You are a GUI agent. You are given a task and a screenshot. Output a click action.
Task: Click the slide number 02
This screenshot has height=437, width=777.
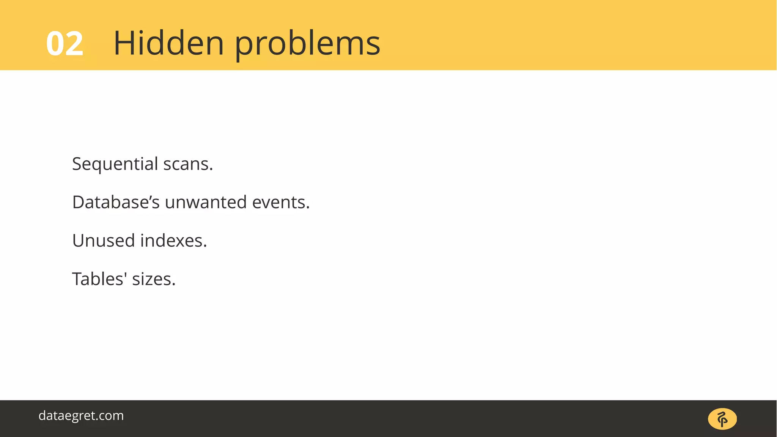(64, 44)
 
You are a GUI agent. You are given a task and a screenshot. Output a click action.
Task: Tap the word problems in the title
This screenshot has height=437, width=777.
(307, 44)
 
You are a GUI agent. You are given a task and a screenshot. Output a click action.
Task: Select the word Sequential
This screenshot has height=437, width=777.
(115, 164)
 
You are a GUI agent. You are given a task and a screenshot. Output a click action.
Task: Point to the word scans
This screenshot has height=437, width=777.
(186, 164)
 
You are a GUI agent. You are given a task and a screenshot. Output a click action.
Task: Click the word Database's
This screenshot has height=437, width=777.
(116, 202)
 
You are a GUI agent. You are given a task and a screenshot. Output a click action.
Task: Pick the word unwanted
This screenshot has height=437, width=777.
(206, 202)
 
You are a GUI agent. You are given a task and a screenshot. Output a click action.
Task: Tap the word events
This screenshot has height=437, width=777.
(279, 202)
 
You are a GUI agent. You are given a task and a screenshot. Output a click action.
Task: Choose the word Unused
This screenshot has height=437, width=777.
(103, 241)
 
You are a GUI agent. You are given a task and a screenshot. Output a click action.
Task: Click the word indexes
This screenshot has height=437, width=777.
(171, 241)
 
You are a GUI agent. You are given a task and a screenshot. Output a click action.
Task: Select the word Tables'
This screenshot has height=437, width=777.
(99, 279)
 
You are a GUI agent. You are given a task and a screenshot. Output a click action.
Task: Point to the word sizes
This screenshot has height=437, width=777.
(152, 279)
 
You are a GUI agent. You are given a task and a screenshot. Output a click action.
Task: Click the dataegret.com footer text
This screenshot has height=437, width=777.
(81, 415)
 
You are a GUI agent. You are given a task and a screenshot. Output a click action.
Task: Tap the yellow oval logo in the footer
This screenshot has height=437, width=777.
(722, 419)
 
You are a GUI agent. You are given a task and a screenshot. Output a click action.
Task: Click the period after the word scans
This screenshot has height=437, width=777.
(211, 170)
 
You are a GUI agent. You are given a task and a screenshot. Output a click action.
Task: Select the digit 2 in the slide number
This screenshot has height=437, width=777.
(74, 44)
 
